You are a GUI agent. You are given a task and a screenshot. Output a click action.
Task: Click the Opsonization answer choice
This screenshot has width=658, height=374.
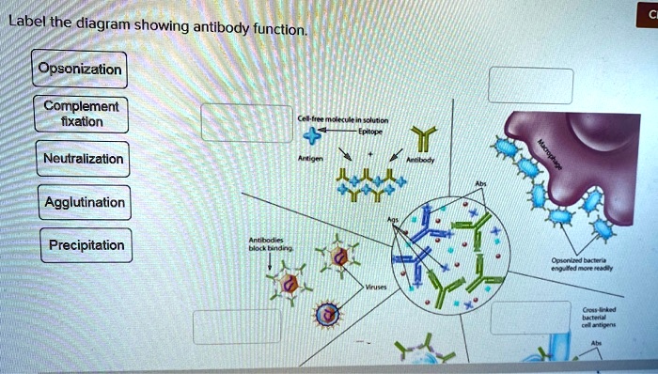coord(79,70)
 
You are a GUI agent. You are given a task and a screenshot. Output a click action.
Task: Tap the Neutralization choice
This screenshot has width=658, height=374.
coord(83,159)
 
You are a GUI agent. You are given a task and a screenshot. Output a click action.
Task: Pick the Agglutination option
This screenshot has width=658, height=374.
coord(84,202)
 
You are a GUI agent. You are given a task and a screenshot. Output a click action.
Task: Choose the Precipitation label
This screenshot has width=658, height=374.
coord(86,245)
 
